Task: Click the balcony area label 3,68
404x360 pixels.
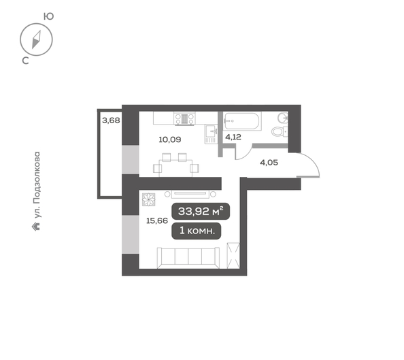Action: (x=110, y=120)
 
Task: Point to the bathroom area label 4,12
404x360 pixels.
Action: (x=233, y=137)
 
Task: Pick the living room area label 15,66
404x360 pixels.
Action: (x=156, y=220)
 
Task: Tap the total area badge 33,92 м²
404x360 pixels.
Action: (x=200, y=211)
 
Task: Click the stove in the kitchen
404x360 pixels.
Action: (x=184, y=119)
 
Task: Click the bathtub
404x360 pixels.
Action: (x=241, y=121)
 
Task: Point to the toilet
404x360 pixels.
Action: (x=279, y=131)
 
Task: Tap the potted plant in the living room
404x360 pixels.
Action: (x=149, y=199)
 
